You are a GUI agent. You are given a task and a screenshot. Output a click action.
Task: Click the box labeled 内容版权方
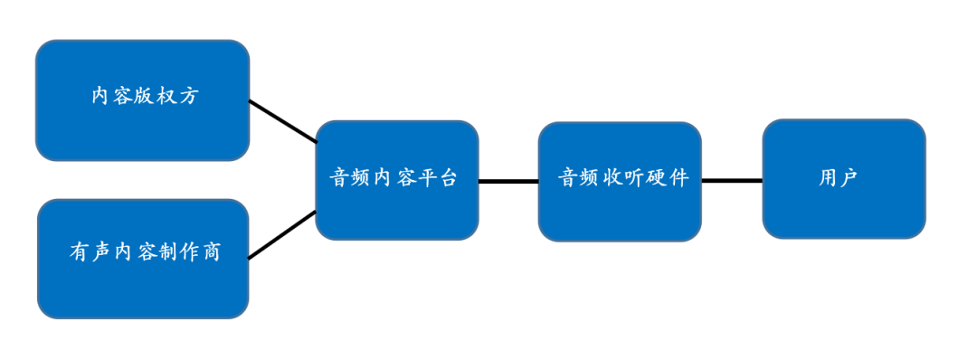(143, 100)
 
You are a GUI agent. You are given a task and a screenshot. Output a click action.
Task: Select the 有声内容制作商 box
(143, 259)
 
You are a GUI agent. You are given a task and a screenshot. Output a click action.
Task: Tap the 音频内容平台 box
(397, 180)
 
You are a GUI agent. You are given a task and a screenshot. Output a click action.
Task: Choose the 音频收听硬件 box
(620, 181)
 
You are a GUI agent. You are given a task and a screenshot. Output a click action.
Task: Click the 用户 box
(844, 179)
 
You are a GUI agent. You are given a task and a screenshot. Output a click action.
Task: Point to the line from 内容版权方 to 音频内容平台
(283, 121)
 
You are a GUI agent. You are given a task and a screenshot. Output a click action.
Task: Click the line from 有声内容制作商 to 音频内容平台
(282, 235)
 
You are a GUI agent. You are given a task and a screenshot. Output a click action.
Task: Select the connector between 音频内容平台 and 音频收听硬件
(508, 181)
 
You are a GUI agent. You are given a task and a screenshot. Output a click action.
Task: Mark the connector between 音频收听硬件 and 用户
(732, 181)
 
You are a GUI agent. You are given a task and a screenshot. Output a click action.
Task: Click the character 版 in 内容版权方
(144, 96)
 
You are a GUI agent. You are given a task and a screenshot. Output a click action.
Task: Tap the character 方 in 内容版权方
(187, 96)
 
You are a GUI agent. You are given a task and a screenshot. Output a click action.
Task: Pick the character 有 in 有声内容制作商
(79, 252)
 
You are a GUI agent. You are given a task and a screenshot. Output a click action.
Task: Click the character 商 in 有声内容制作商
(211, 252)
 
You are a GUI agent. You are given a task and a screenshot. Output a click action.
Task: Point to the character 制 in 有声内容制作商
(166, 252)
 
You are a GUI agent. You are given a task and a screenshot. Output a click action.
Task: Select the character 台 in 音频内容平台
(448, 177)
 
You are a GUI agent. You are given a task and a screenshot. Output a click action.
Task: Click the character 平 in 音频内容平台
(425, 177)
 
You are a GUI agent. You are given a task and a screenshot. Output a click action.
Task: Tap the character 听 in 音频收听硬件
(635, 177)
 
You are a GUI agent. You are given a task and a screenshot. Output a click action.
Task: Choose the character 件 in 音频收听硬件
(679, 177)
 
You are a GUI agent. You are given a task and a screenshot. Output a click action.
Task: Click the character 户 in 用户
(849, 177)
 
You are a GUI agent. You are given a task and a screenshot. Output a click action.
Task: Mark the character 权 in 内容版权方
(166, 96)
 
